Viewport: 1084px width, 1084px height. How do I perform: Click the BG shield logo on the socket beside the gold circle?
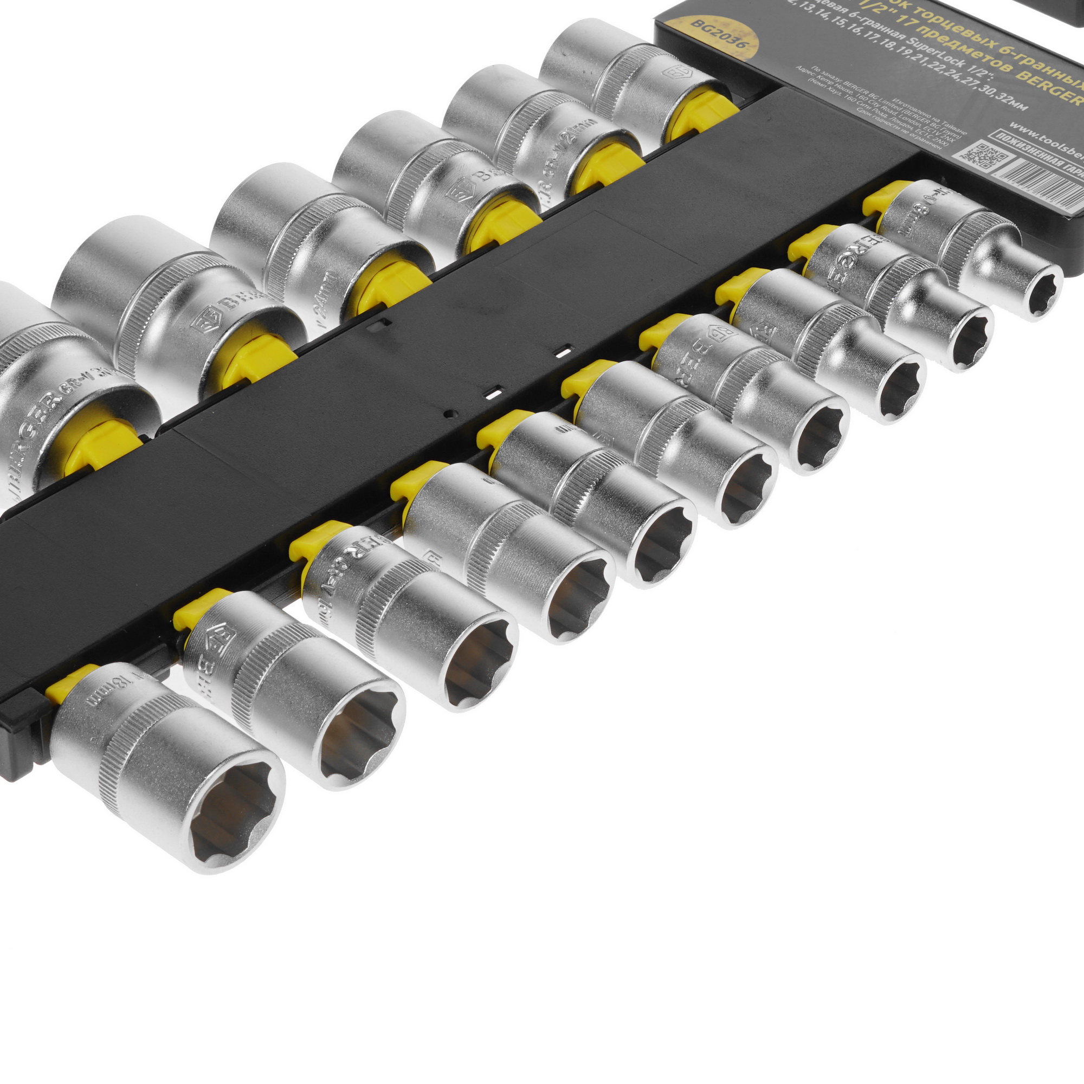click(x=676, y=73)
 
